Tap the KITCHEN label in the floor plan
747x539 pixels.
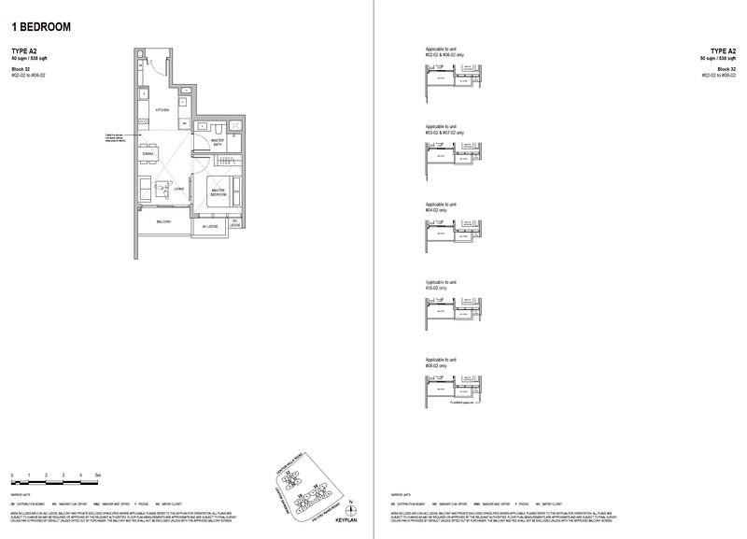(162, 109)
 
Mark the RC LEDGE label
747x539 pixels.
(235, 224)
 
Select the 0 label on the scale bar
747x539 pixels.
(12, 475)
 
